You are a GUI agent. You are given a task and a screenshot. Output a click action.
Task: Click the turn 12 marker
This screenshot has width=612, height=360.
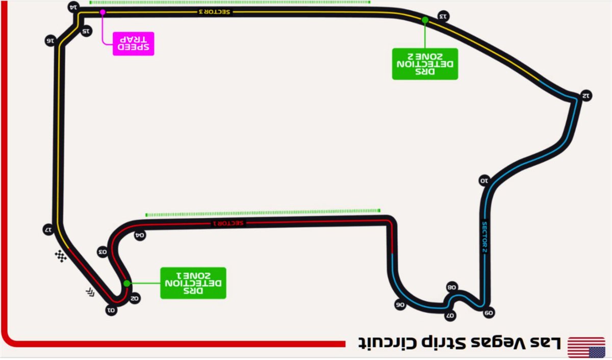pos(586,95)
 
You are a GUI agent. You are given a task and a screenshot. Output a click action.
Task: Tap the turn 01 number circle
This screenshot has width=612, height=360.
pos(111,310)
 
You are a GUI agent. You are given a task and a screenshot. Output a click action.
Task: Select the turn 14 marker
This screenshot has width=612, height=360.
pos(73,7)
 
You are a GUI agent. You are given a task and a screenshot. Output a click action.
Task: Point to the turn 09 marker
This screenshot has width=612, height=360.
pos(489,313)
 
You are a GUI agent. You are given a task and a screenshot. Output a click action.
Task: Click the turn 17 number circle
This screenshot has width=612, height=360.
pos(48,229)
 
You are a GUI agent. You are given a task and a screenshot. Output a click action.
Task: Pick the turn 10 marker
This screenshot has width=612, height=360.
pos(484,181)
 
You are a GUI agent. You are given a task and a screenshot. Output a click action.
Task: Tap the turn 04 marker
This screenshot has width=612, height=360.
pos(140,235)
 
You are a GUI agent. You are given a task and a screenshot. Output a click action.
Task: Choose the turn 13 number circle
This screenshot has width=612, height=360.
pos(443,16)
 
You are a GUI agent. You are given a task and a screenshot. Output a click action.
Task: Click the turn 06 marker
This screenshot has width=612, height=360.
pos(400,304)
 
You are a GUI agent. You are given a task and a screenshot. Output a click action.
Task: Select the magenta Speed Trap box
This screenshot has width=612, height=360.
pos(133,44)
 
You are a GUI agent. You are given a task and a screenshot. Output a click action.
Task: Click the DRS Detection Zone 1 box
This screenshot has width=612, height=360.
pos(193,283)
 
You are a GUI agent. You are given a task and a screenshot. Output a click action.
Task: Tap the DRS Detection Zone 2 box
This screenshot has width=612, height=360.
pos(425,64)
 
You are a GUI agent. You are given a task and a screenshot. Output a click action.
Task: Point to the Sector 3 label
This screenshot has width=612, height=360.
pos(215,12)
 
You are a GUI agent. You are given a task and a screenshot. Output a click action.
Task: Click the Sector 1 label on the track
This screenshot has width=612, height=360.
pos(228,223)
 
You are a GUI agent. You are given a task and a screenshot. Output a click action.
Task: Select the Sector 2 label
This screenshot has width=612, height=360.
pos(484,237)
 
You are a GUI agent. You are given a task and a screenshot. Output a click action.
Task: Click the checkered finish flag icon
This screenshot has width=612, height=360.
pos(61,256)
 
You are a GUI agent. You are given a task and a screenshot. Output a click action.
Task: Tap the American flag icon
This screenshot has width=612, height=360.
pos(586,347)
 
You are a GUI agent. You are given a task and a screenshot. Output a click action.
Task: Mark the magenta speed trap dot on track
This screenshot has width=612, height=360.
pos(103,12)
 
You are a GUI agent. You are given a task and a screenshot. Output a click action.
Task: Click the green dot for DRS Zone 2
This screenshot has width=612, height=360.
pos(425,20)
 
